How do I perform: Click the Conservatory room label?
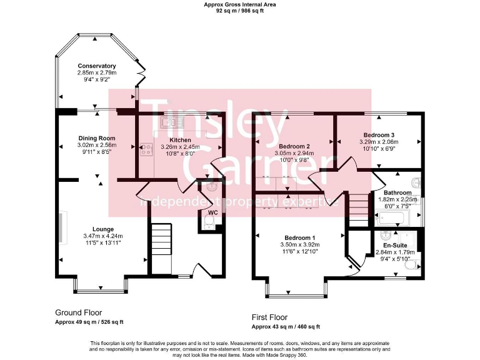point(97,66)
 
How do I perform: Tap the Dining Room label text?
point(97,138)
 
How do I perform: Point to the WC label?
point(212,212)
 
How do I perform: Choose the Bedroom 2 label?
point(295,146)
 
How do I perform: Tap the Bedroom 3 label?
point(379,135)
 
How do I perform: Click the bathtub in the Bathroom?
point(391,218)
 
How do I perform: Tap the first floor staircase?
point(358,209)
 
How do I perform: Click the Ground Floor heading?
point(79,312)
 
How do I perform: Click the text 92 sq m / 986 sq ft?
point(240,11)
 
